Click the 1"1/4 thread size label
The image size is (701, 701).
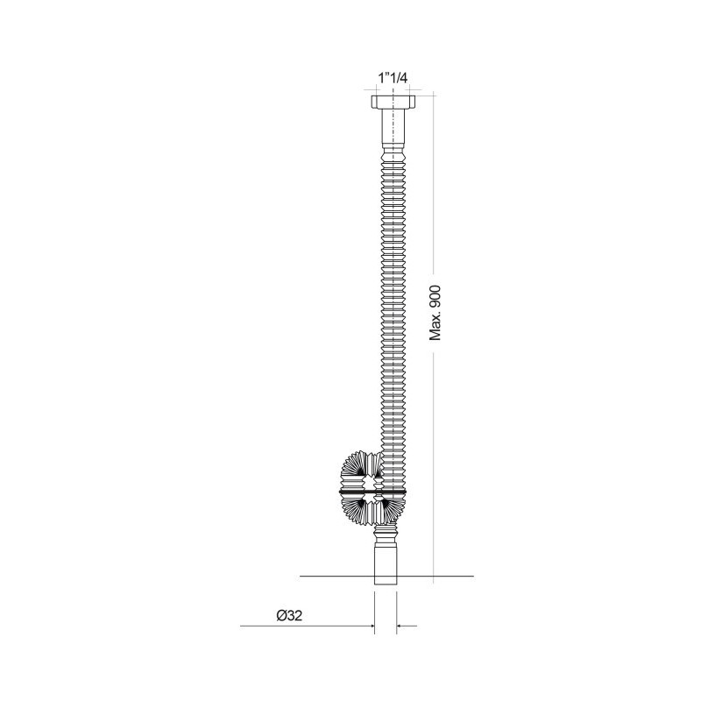coord(393,78)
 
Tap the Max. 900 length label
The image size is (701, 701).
coord(435,313)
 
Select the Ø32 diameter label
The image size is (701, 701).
coord(289,616)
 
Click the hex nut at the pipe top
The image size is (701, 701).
coord(393,102)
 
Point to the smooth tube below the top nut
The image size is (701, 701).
coord(393,126)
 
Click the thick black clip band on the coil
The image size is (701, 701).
coord(373,492)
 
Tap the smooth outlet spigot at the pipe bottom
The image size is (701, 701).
coord(386,563)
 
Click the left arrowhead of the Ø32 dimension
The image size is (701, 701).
coord(372,626)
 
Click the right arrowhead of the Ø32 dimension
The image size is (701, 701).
coord(400,626)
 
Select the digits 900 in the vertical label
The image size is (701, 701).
coord(435,295)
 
